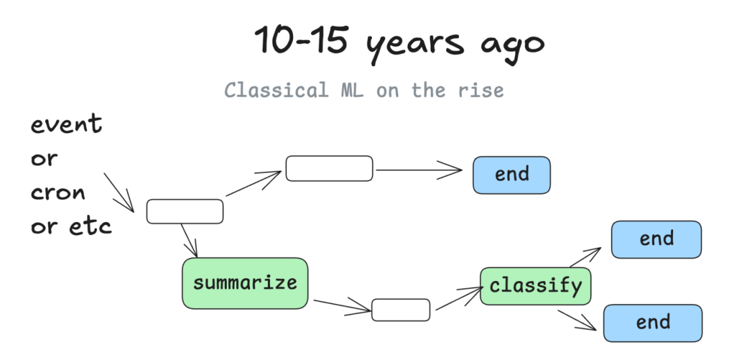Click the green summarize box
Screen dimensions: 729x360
244,283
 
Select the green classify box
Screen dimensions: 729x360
535,286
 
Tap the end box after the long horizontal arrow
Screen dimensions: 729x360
512,175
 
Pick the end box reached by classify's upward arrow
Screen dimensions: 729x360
656,240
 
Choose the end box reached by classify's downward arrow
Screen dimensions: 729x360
653,323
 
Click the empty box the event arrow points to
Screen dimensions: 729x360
184,211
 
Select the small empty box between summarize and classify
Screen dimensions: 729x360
400,310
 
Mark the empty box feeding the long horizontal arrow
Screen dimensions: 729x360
329,168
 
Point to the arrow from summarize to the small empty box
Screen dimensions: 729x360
342,307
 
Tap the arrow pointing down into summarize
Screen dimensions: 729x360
189,240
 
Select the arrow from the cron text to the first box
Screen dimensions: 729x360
119,192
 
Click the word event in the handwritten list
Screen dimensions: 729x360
66,124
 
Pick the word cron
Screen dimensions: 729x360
58,192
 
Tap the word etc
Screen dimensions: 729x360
90,226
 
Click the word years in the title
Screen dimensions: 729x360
414,44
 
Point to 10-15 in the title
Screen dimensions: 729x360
301,40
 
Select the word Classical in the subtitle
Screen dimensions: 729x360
277,89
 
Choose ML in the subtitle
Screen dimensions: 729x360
352,89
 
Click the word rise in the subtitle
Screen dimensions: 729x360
481,90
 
